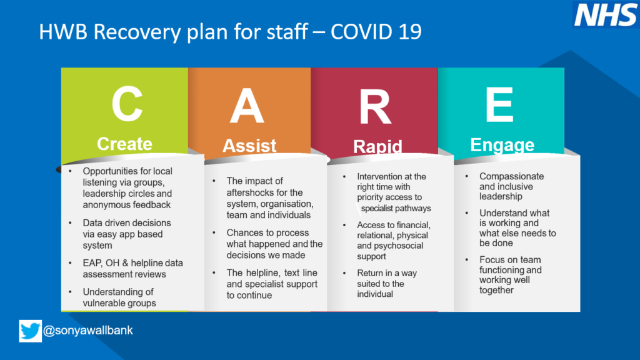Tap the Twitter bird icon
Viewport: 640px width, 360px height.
tap(30, 331)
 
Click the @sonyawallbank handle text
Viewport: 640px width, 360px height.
tap(87, 330)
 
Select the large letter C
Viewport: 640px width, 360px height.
tap(127, 104)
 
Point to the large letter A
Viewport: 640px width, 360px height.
tap(247, 106)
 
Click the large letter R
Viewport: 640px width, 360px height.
tap(375, 106)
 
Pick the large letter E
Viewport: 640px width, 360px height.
tap(499, 104)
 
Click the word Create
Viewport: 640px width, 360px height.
tap(124, 144)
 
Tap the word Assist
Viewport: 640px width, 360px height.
tap(249, 146)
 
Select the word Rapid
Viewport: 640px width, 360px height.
tap(377, 146)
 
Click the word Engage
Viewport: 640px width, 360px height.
tap(502, 145)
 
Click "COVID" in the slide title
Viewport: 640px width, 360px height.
tap(364, 32)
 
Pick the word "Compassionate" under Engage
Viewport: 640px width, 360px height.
tap(511, 176)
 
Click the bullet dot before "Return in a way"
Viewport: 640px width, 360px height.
tap(344, 273)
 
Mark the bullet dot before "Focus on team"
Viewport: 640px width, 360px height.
tap(467, 259)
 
